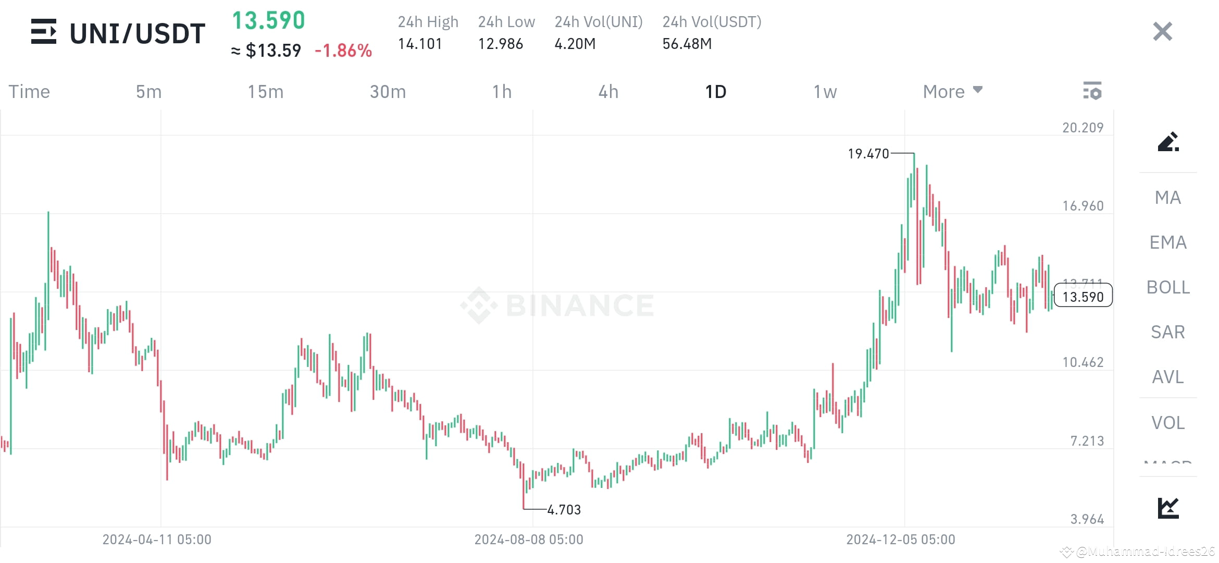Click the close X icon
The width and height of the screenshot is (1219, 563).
click(1162, 32)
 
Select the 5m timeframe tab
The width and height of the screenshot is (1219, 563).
click(148, 92)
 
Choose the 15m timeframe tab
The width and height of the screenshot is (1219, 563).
click(265, 92)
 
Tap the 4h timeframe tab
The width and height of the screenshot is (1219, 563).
click(608, 92)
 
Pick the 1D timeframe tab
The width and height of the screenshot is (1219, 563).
click(715, 92)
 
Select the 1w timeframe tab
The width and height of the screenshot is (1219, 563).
click(825, 92)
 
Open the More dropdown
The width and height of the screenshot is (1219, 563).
click(952, 92)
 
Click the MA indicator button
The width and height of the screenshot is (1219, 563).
click(1167, 198)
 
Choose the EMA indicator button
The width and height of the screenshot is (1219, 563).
click(1167, 242)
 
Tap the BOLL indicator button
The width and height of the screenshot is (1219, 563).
click(1167, 287)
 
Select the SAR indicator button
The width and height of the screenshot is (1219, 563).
click(1167, 332)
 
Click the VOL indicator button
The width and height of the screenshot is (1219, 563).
click(1167, 423)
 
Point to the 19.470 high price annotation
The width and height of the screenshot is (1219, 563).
click(868, 154)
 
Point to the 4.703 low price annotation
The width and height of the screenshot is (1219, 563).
click(564, 509)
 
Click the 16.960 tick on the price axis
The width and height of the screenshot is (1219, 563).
click(1083, 206)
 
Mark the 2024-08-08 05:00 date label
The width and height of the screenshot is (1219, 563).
click(528, 540)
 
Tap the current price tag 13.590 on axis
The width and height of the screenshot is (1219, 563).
click(1083, 297)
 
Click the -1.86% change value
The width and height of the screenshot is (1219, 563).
click(343, 51)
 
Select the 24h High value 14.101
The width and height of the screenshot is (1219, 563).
click(420, 44)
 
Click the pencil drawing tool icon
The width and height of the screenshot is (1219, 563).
click(1167, 142)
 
